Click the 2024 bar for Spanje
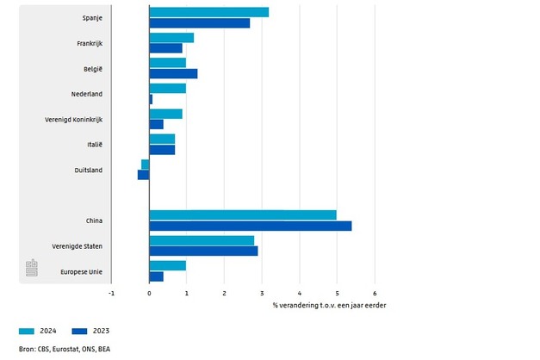(x=208, y=12)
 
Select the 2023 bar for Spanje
(x=199, y=23)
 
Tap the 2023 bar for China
(x=250, y=226)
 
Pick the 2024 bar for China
(x=242, y=214)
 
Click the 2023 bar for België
(x=173, y=74)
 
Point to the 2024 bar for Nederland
(x=167, y=88)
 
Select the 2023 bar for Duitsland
(x=144, y=175)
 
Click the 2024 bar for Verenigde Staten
(x=202, y=240)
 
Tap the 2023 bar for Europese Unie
(x=156, y=276)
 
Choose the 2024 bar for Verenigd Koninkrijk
(x=165, y=114)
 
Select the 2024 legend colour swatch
(x=27, y=331)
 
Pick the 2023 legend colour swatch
(x=81, y=331)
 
